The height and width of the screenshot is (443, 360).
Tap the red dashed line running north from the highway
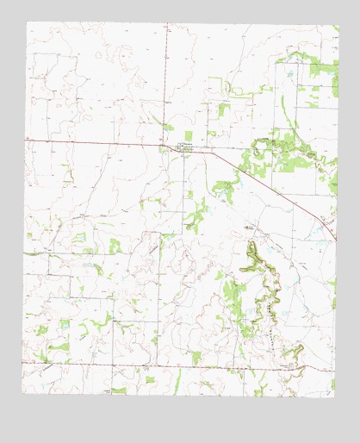167,86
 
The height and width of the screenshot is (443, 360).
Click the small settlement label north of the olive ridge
251,227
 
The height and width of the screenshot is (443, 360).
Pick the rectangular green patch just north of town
223,109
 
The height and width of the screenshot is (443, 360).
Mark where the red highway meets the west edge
26,137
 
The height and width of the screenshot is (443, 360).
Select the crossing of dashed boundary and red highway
167,144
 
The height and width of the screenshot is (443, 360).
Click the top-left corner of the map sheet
27,22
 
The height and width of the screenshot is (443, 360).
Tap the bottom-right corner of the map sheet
337,396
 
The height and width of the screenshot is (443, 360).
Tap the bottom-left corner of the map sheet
23,393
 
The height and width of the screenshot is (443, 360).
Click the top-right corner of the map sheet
338,25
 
